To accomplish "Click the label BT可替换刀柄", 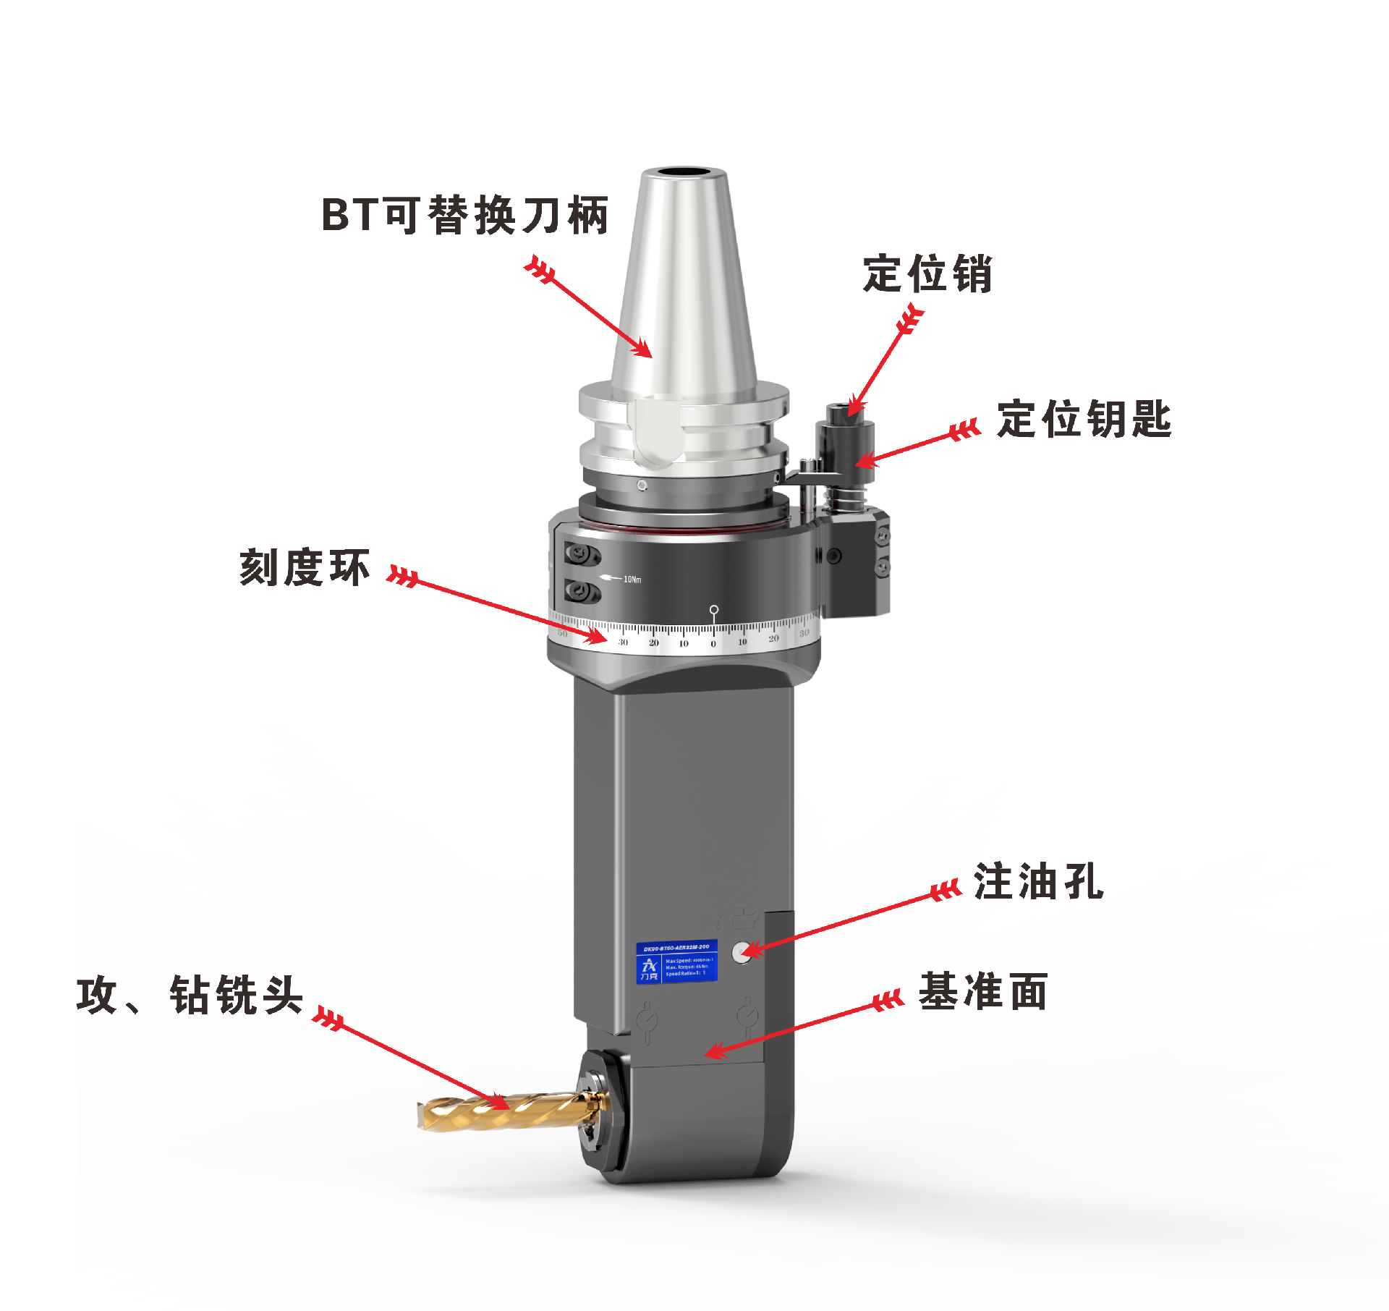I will (x=464, y=216).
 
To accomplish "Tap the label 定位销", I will (x=927, y=274).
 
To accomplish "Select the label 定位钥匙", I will (x=1083, y=420).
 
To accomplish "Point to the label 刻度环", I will (x=305, y=567).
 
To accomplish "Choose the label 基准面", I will (x=983, y=991).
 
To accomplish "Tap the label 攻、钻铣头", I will (x=190, y=996).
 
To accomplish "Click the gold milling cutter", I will (x=499, y=1111).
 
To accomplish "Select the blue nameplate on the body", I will (x=676, y=962).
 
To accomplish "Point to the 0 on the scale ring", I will (x=713, y=644).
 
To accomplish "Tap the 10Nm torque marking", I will (x=632, y=580).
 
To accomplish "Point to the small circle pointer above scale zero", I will (x=714, y=610).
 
